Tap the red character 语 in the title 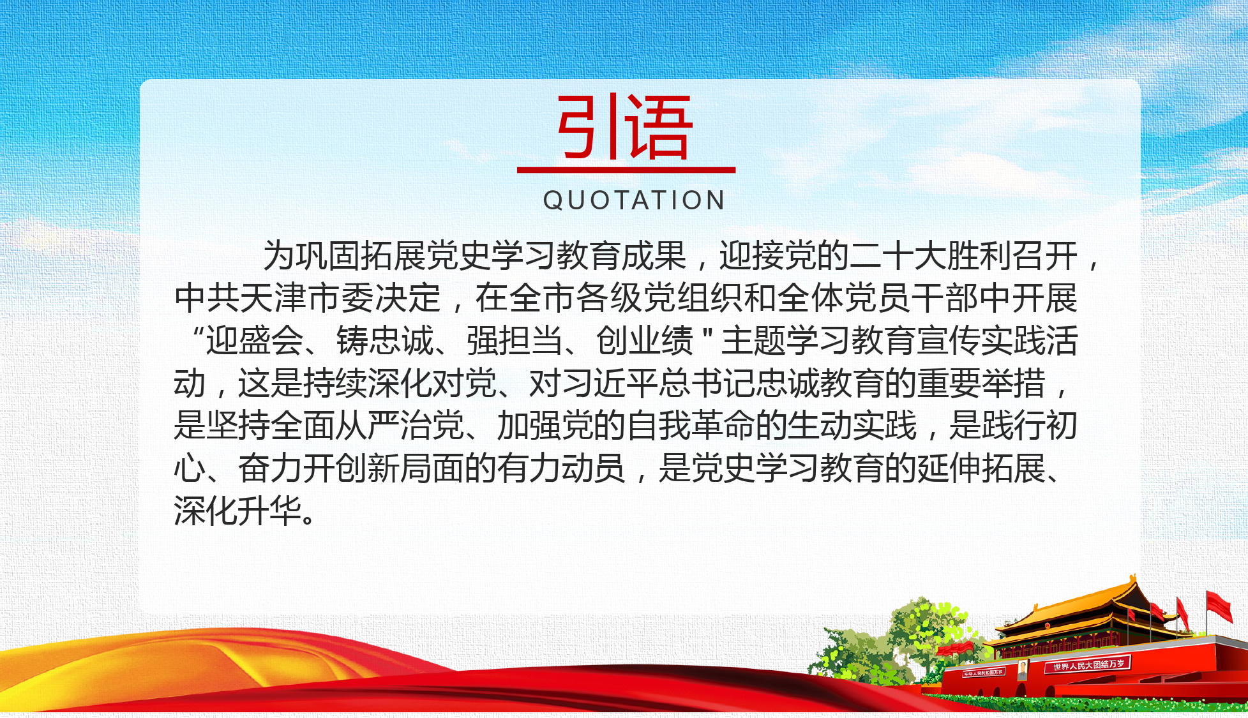pos(658,126)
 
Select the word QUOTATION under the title pos(634,200)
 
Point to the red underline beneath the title pos(626,170)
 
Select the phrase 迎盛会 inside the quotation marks pos(254,340)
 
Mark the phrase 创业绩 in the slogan pos(645,340)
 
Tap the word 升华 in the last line pos(269,511)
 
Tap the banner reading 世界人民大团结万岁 pos(1088,664)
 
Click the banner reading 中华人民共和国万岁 pos(984,673)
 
